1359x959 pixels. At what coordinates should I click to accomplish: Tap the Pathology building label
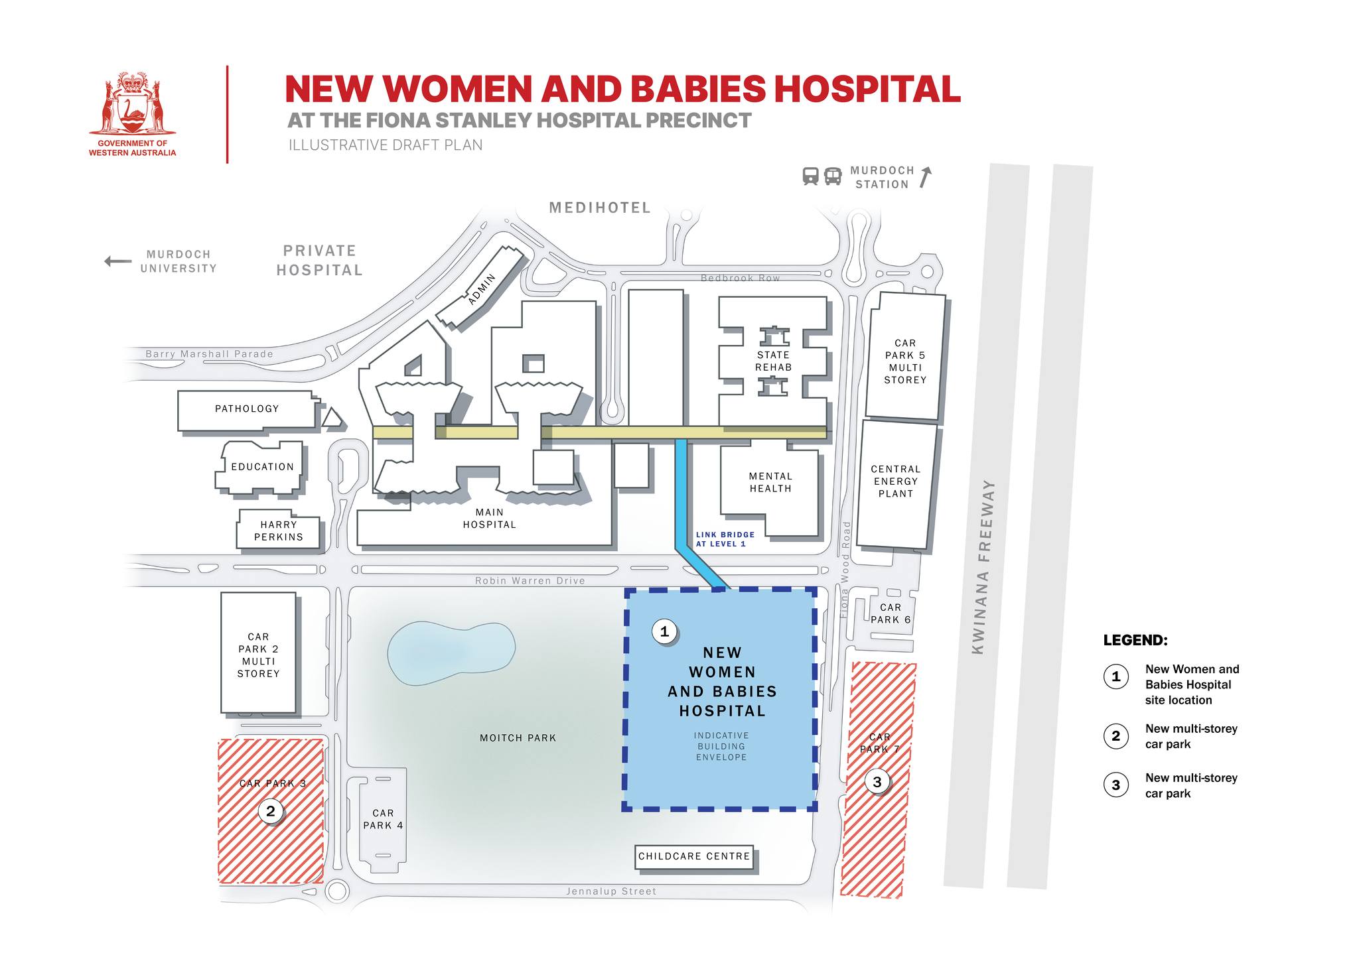click(x=247, y=409)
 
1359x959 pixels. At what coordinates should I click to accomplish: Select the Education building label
click(x=262, y=467)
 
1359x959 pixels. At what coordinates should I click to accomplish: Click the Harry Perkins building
click(x=278, y=531)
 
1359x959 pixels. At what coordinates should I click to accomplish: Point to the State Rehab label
click(x=773, y=361)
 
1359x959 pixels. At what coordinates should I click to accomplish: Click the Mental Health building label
click(x=770, y=483)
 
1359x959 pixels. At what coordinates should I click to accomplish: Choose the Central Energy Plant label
click(x=896, y=481)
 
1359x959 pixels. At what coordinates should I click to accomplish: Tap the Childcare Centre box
click(x=694, y=856)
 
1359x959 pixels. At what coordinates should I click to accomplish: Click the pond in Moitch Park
click(x=451, y=653)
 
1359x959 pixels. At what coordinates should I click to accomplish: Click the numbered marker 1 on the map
click(x=664, y=631)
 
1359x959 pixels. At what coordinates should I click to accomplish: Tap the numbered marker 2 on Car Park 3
click(x=270, y=810)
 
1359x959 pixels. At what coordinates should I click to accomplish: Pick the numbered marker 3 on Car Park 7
click(x=877, y=782)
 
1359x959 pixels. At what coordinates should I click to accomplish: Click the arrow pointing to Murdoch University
click(x=118, y=261)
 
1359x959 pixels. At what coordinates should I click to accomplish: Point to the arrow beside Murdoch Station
click(x=926, y=177)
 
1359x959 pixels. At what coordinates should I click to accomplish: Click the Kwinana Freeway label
click(x=983, y=567)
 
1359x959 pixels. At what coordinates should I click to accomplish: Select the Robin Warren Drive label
click(x=530, y=581)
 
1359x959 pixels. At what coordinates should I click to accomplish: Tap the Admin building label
click(x=482, y=289)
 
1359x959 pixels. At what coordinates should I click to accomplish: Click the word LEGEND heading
click(x=1135, y=641)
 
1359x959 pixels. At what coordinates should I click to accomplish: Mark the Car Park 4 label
click(x=383, y=819)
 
